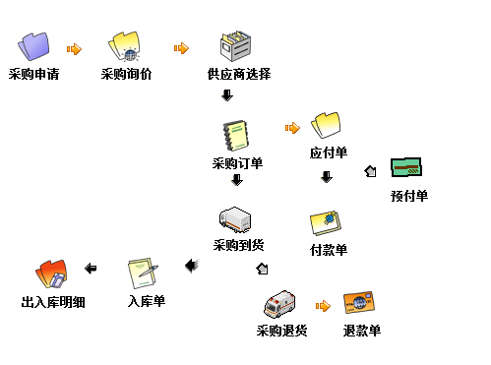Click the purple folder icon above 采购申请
pos(33,45)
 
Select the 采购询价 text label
pos(126,74)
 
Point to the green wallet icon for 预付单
pos(406,168)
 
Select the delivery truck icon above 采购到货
pos(235,219)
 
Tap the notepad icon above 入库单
pos(143,271)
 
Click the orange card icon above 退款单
pos(360,302)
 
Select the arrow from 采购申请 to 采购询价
pos(74,47)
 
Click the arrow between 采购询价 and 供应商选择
pos(181,47)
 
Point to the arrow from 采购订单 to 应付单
pos(292,127)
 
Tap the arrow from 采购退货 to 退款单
pos(322,306)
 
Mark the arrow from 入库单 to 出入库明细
pos(91,268)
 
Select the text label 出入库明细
pos(53,302)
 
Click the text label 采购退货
pos(282,330)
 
